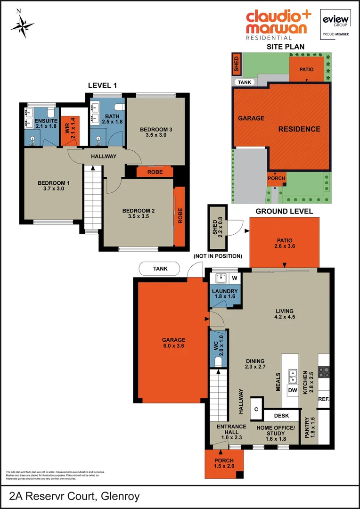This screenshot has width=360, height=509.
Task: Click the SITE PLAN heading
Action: pyautogui.click(x=285, y=47)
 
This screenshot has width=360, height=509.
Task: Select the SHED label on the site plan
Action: pyautogui.click(x=237, y=65)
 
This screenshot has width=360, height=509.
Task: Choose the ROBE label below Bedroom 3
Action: pyautogui.click(x=155, y=172)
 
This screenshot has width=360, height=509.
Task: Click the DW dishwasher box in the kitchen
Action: pyautogui.click(x=293, y=390)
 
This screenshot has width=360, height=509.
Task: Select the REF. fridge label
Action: pyautogui.click(x=323, y=399)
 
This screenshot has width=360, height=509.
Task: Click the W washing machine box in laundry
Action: pyautogui.click(x=234, y=278)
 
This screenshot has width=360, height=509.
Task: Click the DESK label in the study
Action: pyautogui.click(x=282, y=416)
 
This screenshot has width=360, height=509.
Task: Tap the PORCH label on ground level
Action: pyautogui.click(x=224, y=460)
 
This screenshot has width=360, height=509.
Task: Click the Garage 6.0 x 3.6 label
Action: pyautogui.click(x=173, y=343)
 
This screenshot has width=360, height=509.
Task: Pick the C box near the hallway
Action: pyautogui.click(x=256, y=409)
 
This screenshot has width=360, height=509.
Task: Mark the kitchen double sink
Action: pyautogui.click(x=293, y=376)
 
